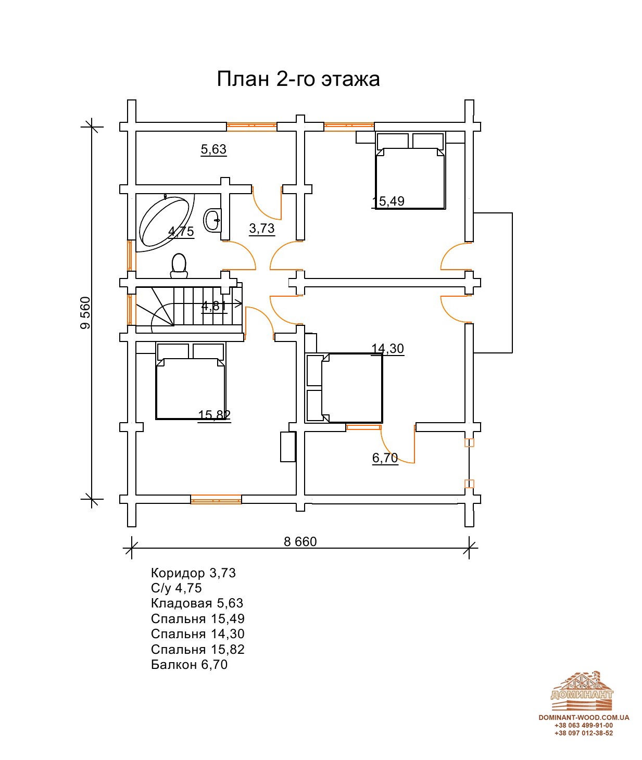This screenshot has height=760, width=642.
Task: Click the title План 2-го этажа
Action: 298,79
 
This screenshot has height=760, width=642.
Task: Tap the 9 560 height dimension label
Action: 85,313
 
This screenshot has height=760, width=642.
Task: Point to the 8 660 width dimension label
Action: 300,541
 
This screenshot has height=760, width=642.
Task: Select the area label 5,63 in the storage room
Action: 214,149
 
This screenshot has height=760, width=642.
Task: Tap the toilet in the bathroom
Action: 179,266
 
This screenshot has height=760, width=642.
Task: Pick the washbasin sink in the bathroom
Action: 212,220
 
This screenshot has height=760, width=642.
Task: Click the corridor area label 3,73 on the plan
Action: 262,228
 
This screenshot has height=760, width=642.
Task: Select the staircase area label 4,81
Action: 214,306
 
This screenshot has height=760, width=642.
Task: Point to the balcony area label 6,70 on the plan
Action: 385,458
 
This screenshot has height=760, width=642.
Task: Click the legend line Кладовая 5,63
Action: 197,603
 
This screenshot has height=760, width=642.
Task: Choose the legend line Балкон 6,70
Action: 190,664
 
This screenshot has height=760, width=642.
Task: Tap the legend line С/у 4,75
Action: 176,588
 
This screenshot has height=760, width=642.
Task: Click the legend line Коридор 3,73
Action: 193,573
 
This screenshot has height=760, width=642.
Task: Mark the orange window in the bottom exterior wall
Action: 216,499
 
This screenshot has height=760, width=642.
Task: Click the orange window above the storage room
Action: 251,126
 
